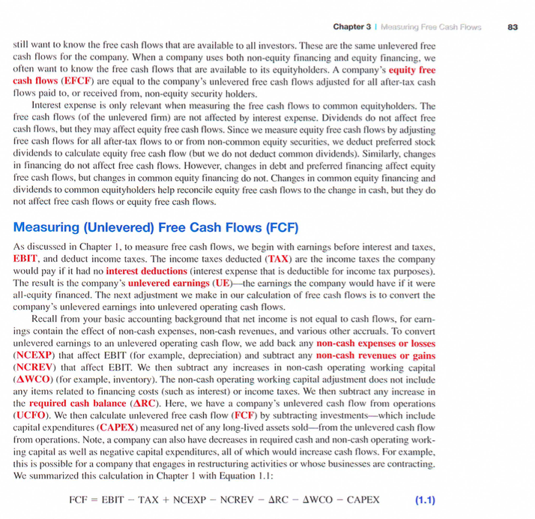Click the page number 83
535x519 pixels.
(513, 28)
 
